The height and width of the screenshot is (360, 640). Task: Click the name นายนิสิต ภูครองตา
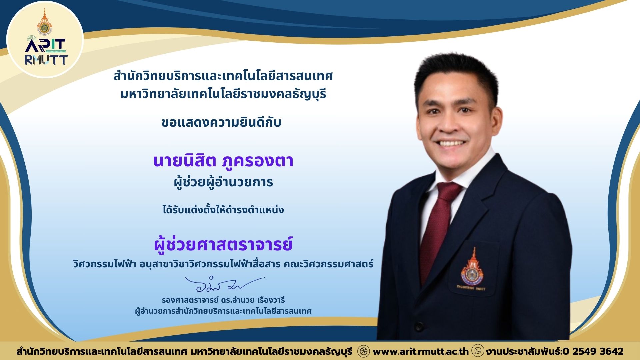[x=223, y=160]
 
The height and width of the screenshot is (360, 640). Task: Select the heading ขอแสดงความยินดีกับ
[x=221, y=122]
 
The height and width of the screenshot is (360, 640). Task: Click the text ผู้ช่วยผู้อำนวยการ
[x=223, y=182]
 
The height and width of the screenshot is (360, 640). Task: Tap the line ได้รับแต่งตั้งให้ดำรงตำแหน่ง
[x=223, y=210]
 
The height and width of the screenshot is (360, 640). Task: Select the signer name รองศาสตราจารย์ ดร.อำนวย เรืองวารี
[x=223, y=300]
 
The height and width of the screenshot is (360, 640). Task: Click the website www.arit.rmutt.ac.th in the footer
[x=421, y=351]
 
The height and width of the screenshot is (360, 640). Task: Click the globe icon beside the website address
[x=363, y=351]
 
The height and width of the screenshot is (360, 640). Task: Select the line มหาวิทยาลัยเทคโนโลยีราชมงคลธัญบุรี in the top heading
[x=223, y=94]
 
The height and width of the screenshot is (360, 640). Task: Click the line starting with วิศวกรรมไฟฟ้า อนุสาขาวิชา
[x=223, y=264]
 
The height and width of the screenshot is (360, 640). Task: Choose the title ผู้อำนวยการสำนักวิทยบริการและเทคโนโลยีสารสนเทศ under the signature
[x=223, y=311]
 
